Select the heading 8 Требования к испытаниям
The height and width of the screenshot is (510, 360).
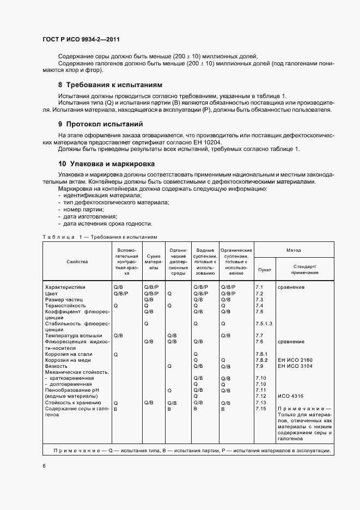[110, 85]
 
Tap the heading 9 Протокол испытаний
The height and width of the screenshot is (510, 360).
[100, 124]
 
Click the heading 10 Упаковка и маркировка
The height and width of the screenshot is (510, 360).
[106, 163]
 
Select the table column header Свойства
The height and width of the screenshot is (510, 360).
[77, 262]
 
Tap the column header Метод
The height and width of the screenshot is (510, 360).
[294, 250]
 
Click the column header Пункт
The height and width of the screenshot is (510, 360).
[264, 269]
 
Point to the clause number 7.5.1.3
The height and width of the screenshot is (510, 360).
[264, 324]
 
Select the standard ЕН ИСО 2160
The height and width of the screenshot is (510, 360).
[295, 360]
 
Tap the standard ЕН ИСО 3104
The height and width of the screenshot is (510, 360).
[295, 366]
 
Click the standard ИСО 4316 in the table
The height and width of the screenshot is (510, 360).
[290, 396]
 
